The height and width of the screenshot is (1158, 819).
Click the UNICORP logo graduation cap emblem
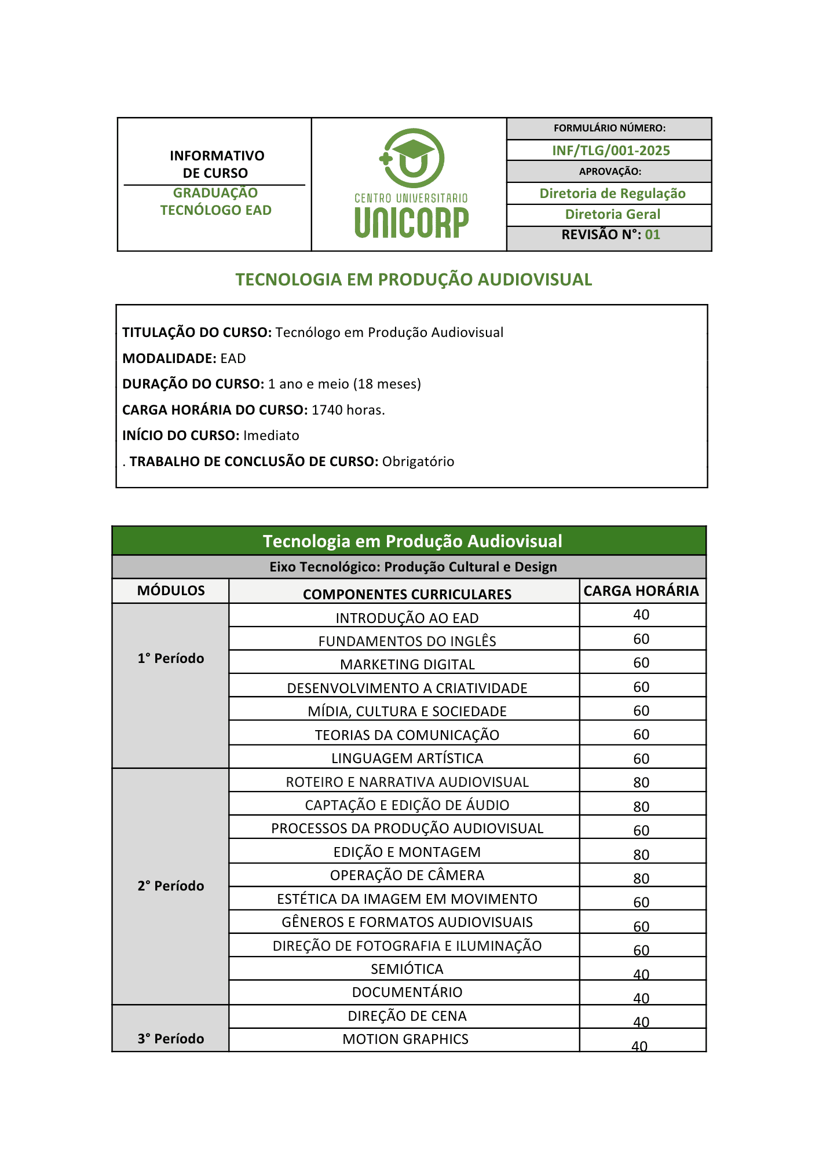click(x=412, y=157)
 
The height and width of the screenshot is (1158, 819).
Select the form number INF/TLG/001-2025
click(x=610, y=151)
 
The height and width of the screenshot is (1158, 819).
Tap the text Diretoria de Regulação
click(x=612, y=193)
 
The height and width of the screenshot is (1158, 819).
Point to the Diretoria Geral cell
click(x=612, y=214)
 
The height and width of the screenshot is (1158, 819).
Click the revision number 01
click(x=652, y=234)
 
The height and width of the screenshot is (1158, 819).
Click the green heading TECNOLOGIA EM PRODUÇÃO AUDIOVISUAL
click(x=414, y=280)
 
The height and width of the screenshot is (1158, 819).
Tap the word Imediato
click(x=271, y=435)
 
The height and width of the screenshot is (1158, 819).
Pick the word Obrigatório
click(x=418, y=461)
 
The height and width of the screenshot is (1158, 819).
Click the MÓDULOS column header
click(x=171, y=591)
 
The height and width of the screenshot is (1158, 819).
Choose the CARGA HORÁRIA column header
click(x=641, y=591)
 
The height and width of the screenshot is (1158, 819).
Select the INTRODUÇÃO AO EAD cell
click(x=407, y=618)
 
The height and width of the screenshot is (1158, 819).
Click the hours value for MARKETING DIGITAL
click(x=641, y=663)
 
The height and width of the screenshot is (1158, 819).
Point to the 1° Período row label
click(x=171, y=658)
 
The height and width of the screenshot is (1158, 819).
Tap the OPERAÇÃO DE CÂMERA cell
click(x=407, y=875)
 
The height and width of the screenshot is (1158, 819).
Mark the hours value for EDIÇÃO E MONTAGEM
click(x=641, y=855)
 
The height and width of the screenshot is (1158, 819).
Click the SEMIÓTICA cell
click(x=407, y=969)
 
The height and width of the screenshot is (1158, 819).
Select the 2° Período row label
click(x=171, y=886)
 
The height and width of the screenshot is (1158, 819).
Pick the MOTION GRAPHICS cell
click(x=405, y=1039)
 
